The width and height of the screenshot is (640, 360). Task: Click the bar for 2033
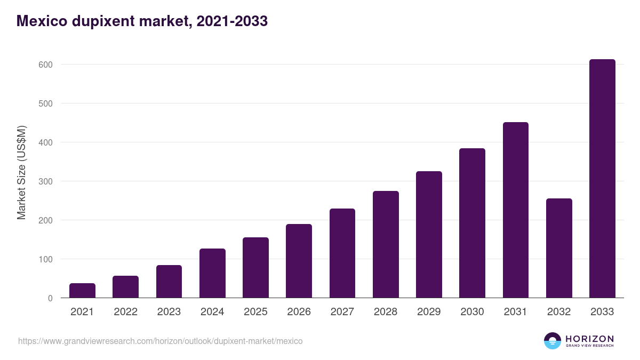[x=602, y=179]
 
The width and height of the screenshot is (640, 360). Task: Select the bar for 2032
[x=559, y=248]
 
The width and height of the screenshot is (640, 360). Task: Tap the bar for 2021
[x=82, y=291]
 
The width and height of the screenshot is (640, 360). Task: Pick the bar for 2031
[x=515, y=210]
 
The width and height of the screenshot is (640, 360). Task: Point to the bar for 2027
[x=342, y=253]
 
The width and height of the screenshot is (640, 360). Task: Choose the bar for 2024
[x=212, y=273]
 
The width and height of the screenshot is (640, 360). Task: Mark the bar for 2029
[x=429, y=235]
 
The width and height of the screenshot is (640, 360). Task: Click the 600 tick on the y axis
[x=45, y=65]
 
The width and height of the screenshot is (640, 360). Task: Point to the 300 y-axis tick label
[x=45, y=181]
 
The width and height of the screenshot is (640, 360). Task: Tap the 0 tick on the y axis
[x=50, y=298]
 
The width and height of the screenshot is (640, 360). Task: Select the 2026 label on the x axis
[x=299, y=312]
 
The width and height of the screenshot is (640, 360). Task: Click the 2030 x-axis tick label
[x=472, y=312]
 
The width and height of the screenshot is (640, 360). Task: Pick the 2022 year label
[x=125, y=312]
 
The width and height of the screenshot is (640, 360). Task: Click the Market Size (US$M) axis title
[x=21, y=172]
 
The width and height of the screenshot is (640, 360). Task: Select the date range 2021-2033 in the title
[x=232, y=21]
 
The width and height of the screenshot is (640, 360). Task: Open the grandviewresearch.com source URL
[x=160, y=341]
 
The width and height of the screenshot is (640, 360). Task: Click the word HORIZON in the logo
[x=589, y=339]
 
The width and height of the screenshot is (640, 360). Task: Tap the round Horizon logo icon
[x=553, y=341]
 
